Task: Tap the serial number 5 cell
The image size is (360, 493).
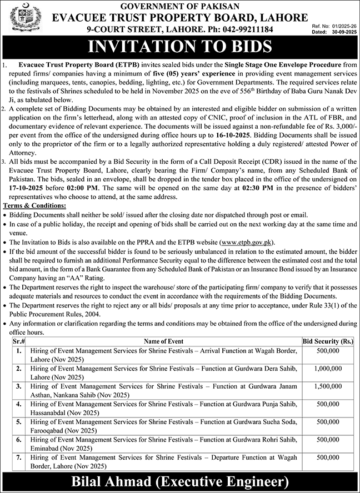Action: pos(19,422)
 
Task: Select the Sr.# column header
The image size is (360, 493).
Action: pos(19,341)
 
